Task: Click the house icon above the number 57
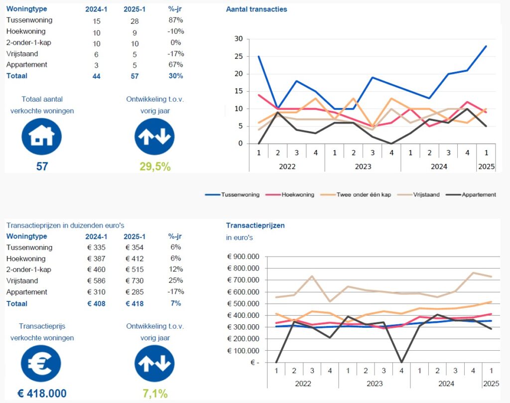coord(42,136)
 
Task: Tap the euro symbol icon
coord(42,363)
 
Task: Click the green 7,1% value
coord(155,394)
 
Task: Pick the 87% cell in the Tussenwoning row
coord(176,20)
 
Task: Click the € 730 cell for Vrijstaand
coord(134,281)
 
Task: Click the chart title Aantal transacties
coord(256,9)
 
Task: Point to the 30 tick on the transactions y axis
coord(238,39)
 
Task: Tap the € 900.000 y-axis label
coord(244,257)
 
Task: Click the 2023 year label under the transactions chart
coord(363,166)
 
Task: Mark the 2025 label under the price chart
coord(491,384)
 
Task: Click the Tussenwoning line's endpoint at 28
coord(486,46)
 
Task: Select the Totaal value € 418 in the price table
coord(134,303)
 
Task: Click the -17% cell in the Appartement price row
coord(176,292)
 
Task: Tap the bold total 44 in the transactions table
coord(96,76)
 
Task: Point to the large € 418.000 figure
coord(42,394)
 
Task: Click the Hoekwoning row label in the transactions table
coord(26,31)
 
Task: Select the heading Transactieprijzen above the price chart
coord(255,226)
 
